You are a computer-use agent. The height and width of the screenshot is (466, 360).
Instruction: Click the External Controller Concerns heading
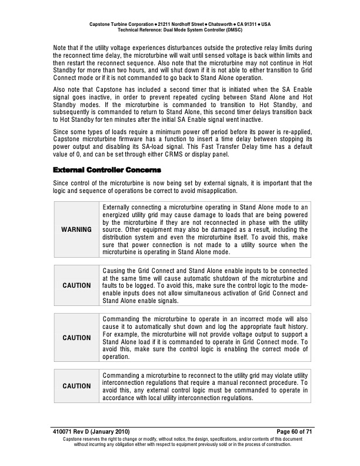(106, 170)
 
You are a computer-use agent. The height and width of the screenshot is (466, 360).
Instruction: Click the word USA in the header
(266, 23)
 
